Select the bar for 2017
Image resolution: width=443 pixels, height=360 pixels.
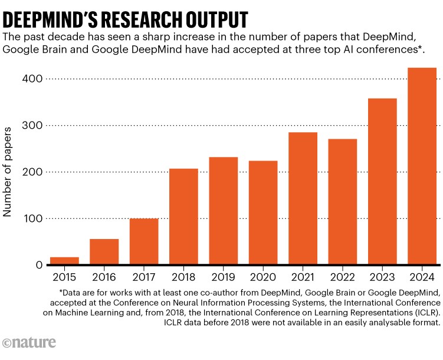(x=144, y=241)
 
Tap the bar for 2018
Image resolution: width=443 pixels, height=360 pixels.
(x=183, y=217)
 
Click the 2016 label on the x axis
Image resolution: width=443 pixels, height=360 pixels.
(x=104, y=277)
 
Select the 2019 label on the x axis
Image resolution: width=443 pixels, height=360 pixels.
(x=224, y=277)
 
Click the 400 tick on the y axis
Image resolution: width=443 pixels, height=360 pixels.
(x=34, y=78)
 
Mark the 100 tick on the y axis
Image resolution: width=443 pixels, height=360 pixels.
(x=34, y=218)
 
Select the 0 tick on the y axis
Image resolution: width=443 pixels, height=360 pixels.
(x=40, y=265)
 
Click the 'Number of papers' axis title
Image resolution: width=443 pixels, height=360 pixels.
(x=8, y=172)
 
